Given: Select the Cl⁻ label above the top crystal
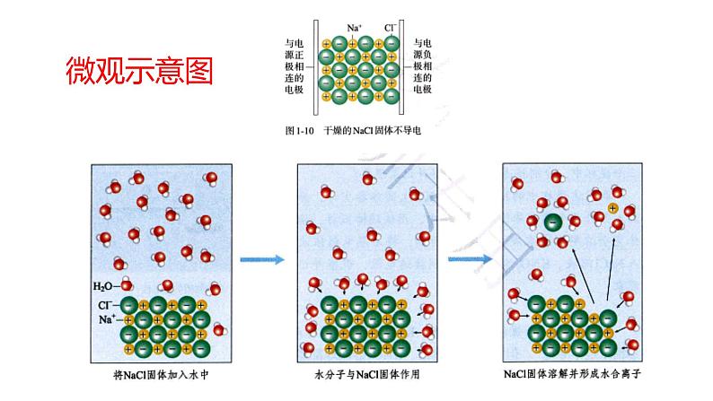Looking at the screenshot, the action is coord(391,28).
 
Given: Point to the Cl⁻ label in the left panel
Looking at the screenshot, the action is coord(106,305).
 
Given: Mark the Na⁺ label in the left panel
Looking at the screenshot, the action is coord(106,319).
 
